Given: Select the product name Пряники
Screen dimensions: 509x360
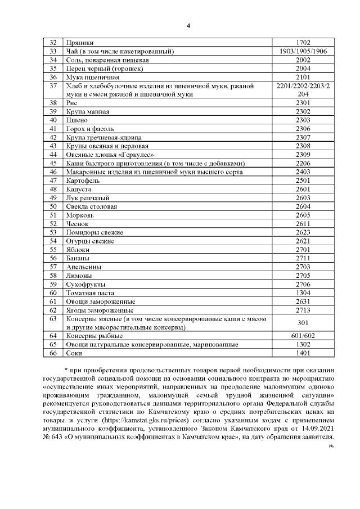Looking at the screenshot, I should pos(80,43).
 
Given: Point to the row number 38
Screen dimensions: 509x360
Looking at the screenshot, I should pos(54,103).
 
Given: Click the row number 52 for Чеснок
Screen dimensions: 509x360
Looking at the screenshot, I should pos(54,223).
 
